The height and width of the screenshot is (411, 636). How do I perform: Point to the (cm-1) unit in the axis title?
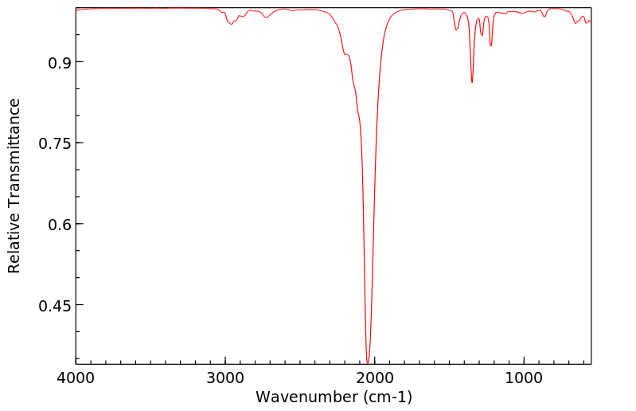pyautogui.click(x=387, y=397)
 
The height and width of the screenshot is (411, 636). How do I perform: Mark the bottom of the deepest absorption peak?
pyautogui.click(x=367, y=362)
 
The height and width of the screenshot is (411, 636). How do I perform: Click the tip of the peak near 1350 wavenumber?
pyautogui.click(x=472, y=82)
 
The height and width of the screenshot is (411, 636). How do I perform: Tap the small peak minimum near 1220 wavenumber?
pyautogui.click(x=491, y=45)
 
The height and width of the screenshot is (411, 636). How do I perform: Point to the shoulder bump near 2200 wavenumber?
pyautogui.click(x=345, y=54)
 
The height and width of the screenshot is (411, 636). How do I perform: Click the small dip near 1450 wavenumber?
pyautogui.click(x=456, y=30)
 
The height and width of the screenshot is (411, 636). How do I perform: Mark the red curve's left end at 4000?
pyautogui.click(x=77, y=10)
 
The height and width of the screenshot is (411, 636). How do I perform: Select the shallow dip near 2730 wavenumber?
pyautogui.click(x=266, y=18)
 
